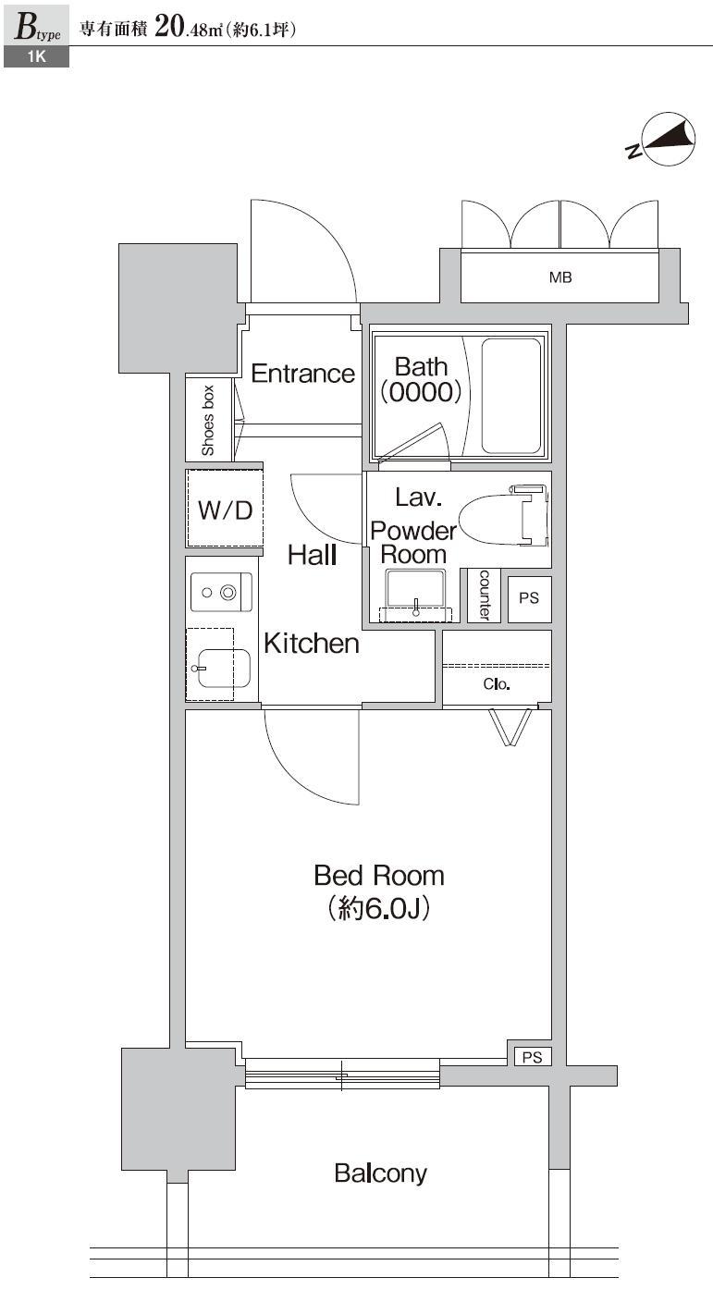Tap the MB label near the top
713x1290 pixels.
(x=560, y=276)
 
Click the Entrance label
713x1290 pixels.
(x=302, y=374)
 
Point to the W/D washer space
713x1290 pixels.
(x=225, y=510)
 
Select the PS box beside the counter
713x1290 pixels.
(x=528, y=598)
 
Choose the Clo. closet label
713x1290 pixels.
(x=497, y=685)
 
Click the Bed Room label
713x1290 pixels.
(x=378, y=875)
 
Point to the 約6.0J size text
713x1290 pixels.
(x=378, y=909)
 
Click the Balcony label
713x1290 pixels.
(x=380, y=1174)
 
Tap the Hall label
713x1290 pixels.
(x=312, y=555)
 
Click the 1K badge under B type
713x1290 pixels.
(x=34, y=57)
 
